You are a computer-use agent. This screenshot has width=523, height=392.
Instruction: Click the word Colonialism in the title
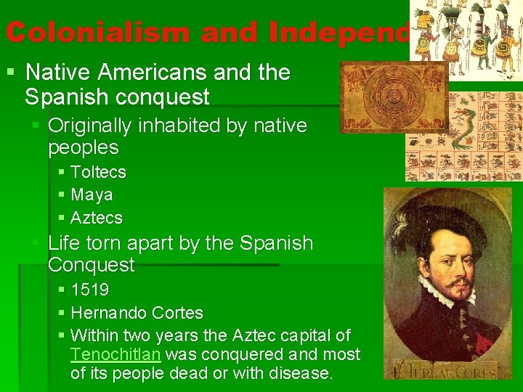coord(99,32)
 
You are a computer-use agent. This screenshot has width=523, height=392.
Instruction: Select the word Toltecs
coord(98,172)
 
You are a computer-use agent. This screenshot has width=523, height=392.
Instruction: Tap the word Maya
coord(92,195)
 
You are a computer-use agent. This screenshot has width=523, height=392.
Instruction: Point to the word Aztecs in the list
coord(97,217)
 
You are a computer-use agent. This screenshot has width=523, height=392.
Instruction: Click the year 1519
coord(89,290)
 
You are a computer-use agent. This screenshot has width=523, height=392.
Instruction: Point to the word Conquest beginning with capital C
coord(91,265)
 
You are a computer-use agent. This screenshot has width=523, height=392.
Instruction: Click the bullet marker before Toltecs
coord(62,172)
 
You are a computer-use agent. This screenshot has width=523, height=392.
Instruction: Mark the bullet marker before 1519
coord(62,290)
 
